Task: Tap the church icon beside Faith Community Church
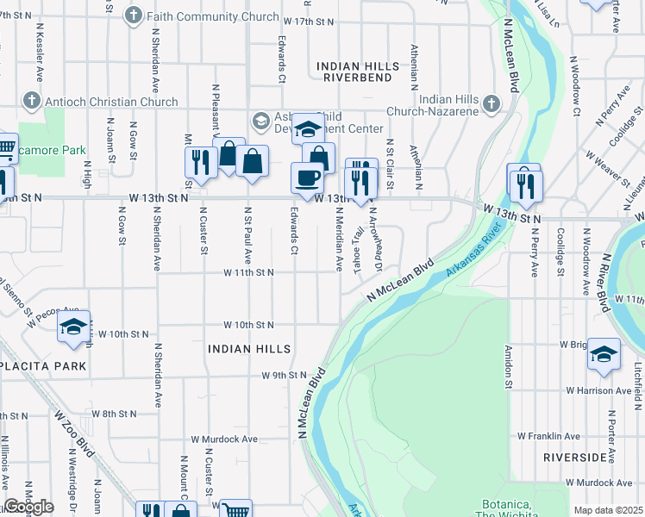pyautogui.click(x=133, y=16)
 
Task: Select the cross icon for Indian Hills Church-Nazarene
pyautogui.click(x=492, y=104)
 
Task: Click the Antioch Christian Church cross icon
pyautogui.click(x=34, y=101)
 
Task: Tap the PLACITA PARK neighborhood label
pyautogui.click(x=43, y=366)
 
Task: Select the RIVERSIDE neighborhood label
pyautogui.click(x=575, y=457)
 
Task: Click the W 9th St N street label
pyautogui.click(x=285, y=376)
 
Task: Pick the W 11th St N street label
pyautogui.click(x=248, y=272)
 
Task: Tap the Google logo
pyautogui.click(x=28, y=507)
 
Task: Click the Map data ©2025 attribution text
pyautogui.click(x=608, y=510)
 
